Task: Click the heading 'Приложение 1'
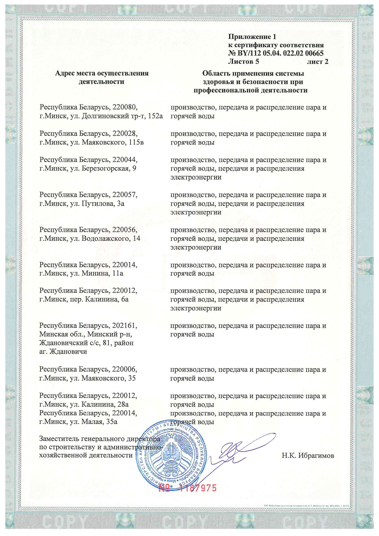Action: pyautogui.click(x=252, y=37)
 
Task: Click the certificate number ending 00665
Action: pyautogui.click(x=276, y=53)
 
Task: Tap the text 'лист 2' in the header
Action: pyautogui.click(x=318, y=61)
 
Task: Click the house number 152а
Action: pyautogui.click(x=155, y=116)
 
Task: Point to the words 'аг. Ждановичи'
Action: pyautogui.click(x=63, y=351)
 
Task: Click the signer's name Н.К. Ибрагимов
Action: pyautogui.click(x=308, y=456)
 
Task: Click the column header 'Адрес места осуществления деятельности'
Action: pyautogui.click(x=101, y=77)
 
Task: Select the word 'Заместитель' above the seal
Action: pyautogui.click(x=59, y=439)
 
